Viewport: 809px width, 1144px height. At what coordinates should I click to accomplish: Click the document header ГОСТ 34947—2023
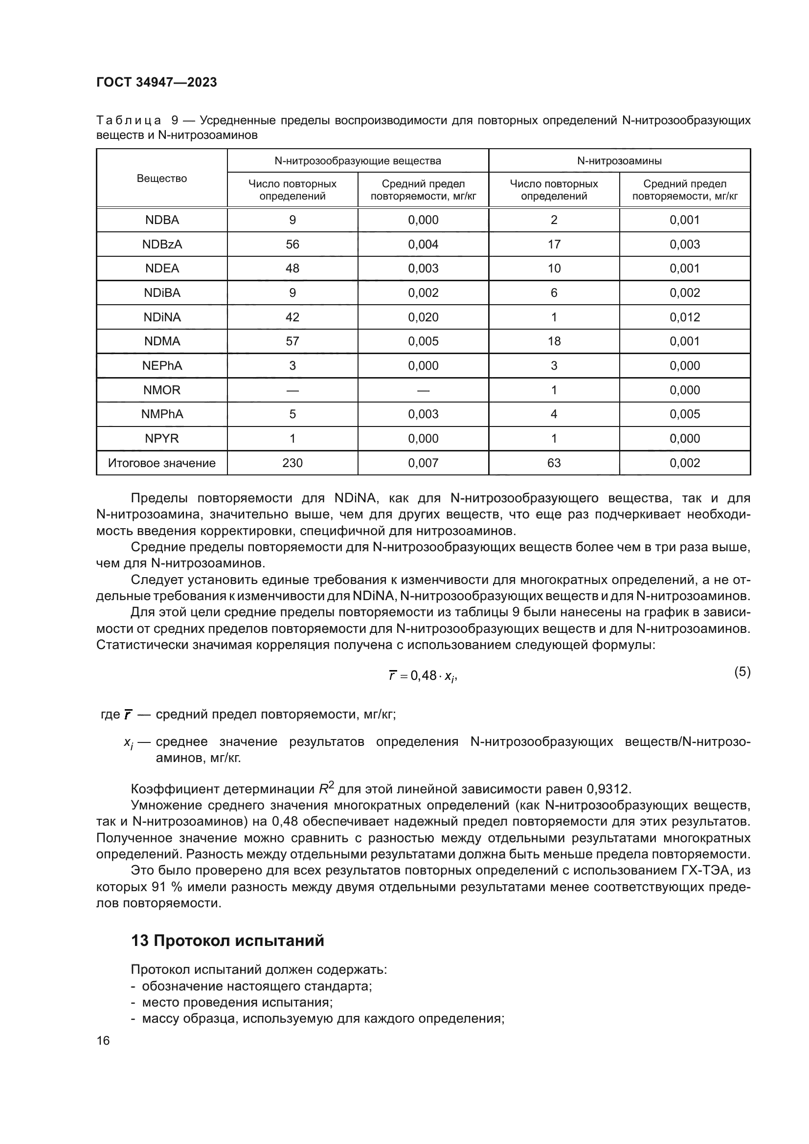coord(157,83)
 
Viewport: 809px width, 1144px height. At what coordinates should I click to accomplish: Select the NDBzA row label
coord(162,244)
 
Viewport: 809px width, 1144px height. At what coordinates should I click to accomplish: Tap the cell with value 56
coord(292,244)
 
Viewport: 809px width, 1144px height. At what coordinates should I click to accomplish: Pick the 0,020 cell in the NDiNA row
coord(423,317)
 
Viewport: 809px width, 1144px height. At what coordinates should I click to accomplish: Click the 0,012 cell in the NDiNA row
coord(684,317)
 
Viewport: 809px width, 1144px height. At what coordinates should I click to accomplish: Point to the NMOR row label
coord(162,390)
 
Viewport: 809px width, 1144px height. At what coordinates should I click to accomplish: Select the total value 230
coord(292,463)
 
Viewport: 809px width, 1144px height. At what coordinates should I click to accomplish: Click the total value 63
coord(554,463)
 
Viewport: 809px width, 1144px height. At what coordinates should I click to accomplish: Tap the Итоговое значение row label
coord(162,463)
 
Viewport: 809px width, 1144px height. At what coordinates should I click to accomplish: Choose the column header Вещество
coord(162,179)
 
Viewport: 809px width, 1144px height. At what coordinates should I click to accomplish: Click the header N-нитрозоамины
coord(619,161)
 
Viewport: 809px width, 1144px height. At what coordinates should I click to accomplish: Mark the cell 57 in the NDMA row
coord(292,341)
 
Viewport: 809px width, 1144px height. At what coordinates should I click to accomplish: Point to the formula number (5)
coord(742,672)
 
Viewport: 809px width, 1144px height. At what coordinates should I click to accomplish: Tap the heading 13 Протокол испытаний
coord(227,941)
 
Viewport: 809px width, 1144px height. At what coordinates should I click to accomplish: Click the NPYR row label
coord(162,438)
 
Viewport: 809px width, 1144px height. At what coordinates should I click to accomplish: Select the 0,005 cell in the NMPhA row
coord(684,414)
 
